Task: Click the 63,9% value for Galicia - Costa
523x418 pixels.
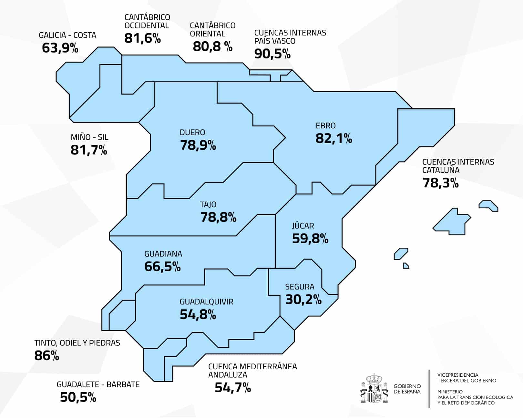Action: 60,48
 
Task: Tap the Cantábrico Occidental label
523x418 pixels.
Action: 147,21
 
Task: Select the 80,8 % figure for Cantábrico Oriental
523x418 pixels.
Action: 212,46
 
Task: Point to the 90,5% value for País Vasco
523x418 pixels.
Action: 272,54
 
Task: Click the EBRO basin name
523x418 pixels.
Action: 325,125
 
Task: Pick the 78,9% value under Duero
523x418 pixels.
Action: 198,145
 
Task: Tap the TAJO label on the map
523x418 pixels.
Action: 208,204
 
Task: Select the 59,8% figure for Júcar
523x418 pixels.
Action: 310,239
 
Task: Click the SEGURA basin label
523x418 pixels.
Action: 299,287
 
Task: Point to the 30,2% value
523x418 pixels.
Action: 303,300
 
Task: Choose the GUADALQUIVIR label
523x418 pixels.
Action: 206,302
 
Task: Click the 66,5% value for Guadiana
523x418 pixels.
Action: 162,267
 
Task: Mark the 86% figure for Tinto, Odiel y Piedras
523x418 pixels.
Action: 46,356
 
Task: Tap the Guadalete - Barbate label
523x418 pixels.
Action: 98,384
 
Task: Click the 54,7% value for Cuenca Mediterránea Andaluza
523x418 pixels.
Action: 232,387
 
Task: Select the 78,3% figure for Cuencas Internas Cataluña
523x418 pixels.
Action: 440,183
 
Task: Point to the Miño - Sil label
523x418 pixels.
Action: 89,137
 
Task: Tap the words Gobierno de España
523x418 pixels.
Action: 407,389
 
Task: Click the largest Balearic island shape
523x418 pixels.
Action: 451,223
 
